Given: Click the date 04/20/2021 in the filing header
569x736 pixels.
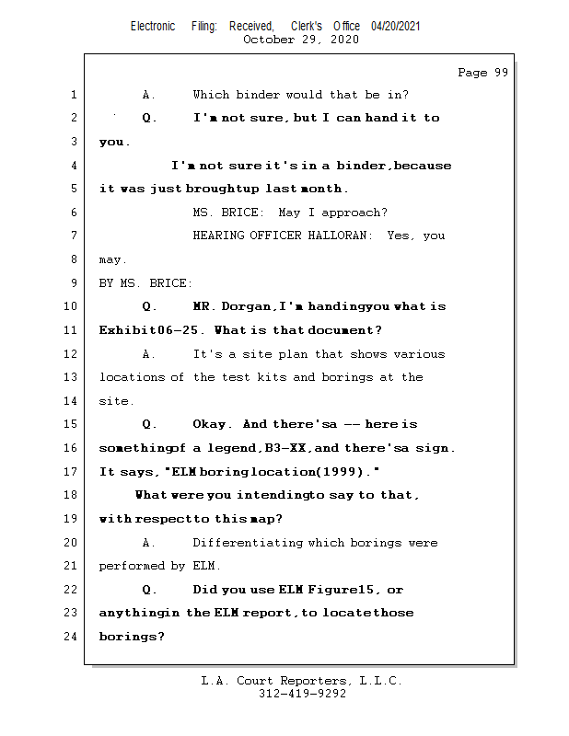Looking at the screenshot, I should click(396, 27).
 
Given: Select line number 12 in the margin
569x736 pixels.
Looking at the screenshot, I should click(72, 354).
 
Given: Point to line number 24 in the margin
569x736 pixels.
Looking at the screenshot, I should click(72, 637).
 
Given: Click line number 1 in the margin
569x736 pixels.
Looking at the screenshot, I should click(73, 95).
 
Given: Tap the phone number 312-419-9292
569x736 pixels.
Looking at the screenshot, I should click(302, 695).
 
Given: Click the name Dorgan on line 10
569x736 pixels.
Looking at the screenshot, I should click(244, 306).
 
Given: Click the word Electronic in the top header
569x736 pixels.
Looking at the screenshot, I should click(153, 27).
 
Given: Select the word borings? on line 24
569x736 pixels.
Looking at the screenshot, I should click(132, 637).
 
